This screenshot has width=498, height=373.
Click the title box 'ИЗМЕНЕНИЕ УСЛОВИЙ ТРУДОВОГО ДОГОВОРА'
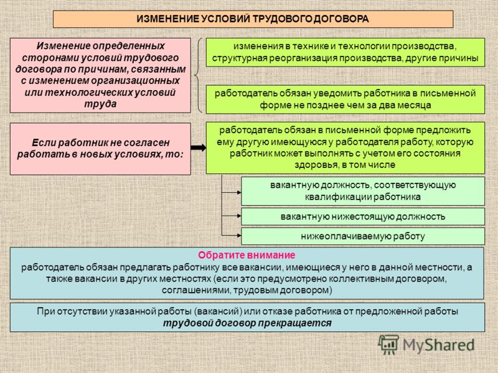coord(253,19)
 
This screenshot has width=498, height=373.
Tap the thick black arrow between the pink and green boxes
coord(199,147)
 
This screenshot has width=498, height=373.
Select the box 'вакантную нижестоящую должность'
coord(363,216)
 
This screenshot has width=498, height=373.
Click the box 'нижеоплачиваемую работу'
coord(363,236)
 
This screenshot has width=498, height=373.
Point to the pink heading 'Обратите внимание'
coord(247,255)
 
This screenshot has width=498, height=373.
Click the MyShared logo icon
coord(388,345)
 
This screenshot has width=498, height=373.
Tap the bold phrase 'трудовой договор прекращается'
coord(247,323)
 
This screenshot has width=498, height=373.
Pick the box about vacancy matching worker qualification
coord(363,191)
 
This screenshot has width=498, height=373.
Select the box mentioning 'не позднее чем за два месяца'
coord(345,99)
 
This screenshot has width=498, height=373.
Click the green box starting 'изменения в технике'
coord(345,52)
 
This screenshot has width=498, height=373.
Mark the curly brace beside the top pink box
coord(198,75)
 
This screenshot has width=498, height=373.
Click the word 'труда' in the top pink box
coord(100,104)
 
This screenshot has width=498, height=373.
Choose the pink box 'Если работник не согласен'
coord(100,149)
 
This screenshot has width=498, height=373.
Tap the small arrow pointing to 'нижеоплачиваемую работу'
coord(231,236)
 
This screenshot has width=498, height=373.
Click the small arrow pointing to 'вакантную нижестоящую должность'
coord(231,216)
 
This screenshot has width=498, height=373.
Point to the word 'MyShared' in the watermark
coord(439,345)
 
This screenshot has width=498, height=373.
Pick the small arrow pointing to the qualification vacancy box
coord(231,192)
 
